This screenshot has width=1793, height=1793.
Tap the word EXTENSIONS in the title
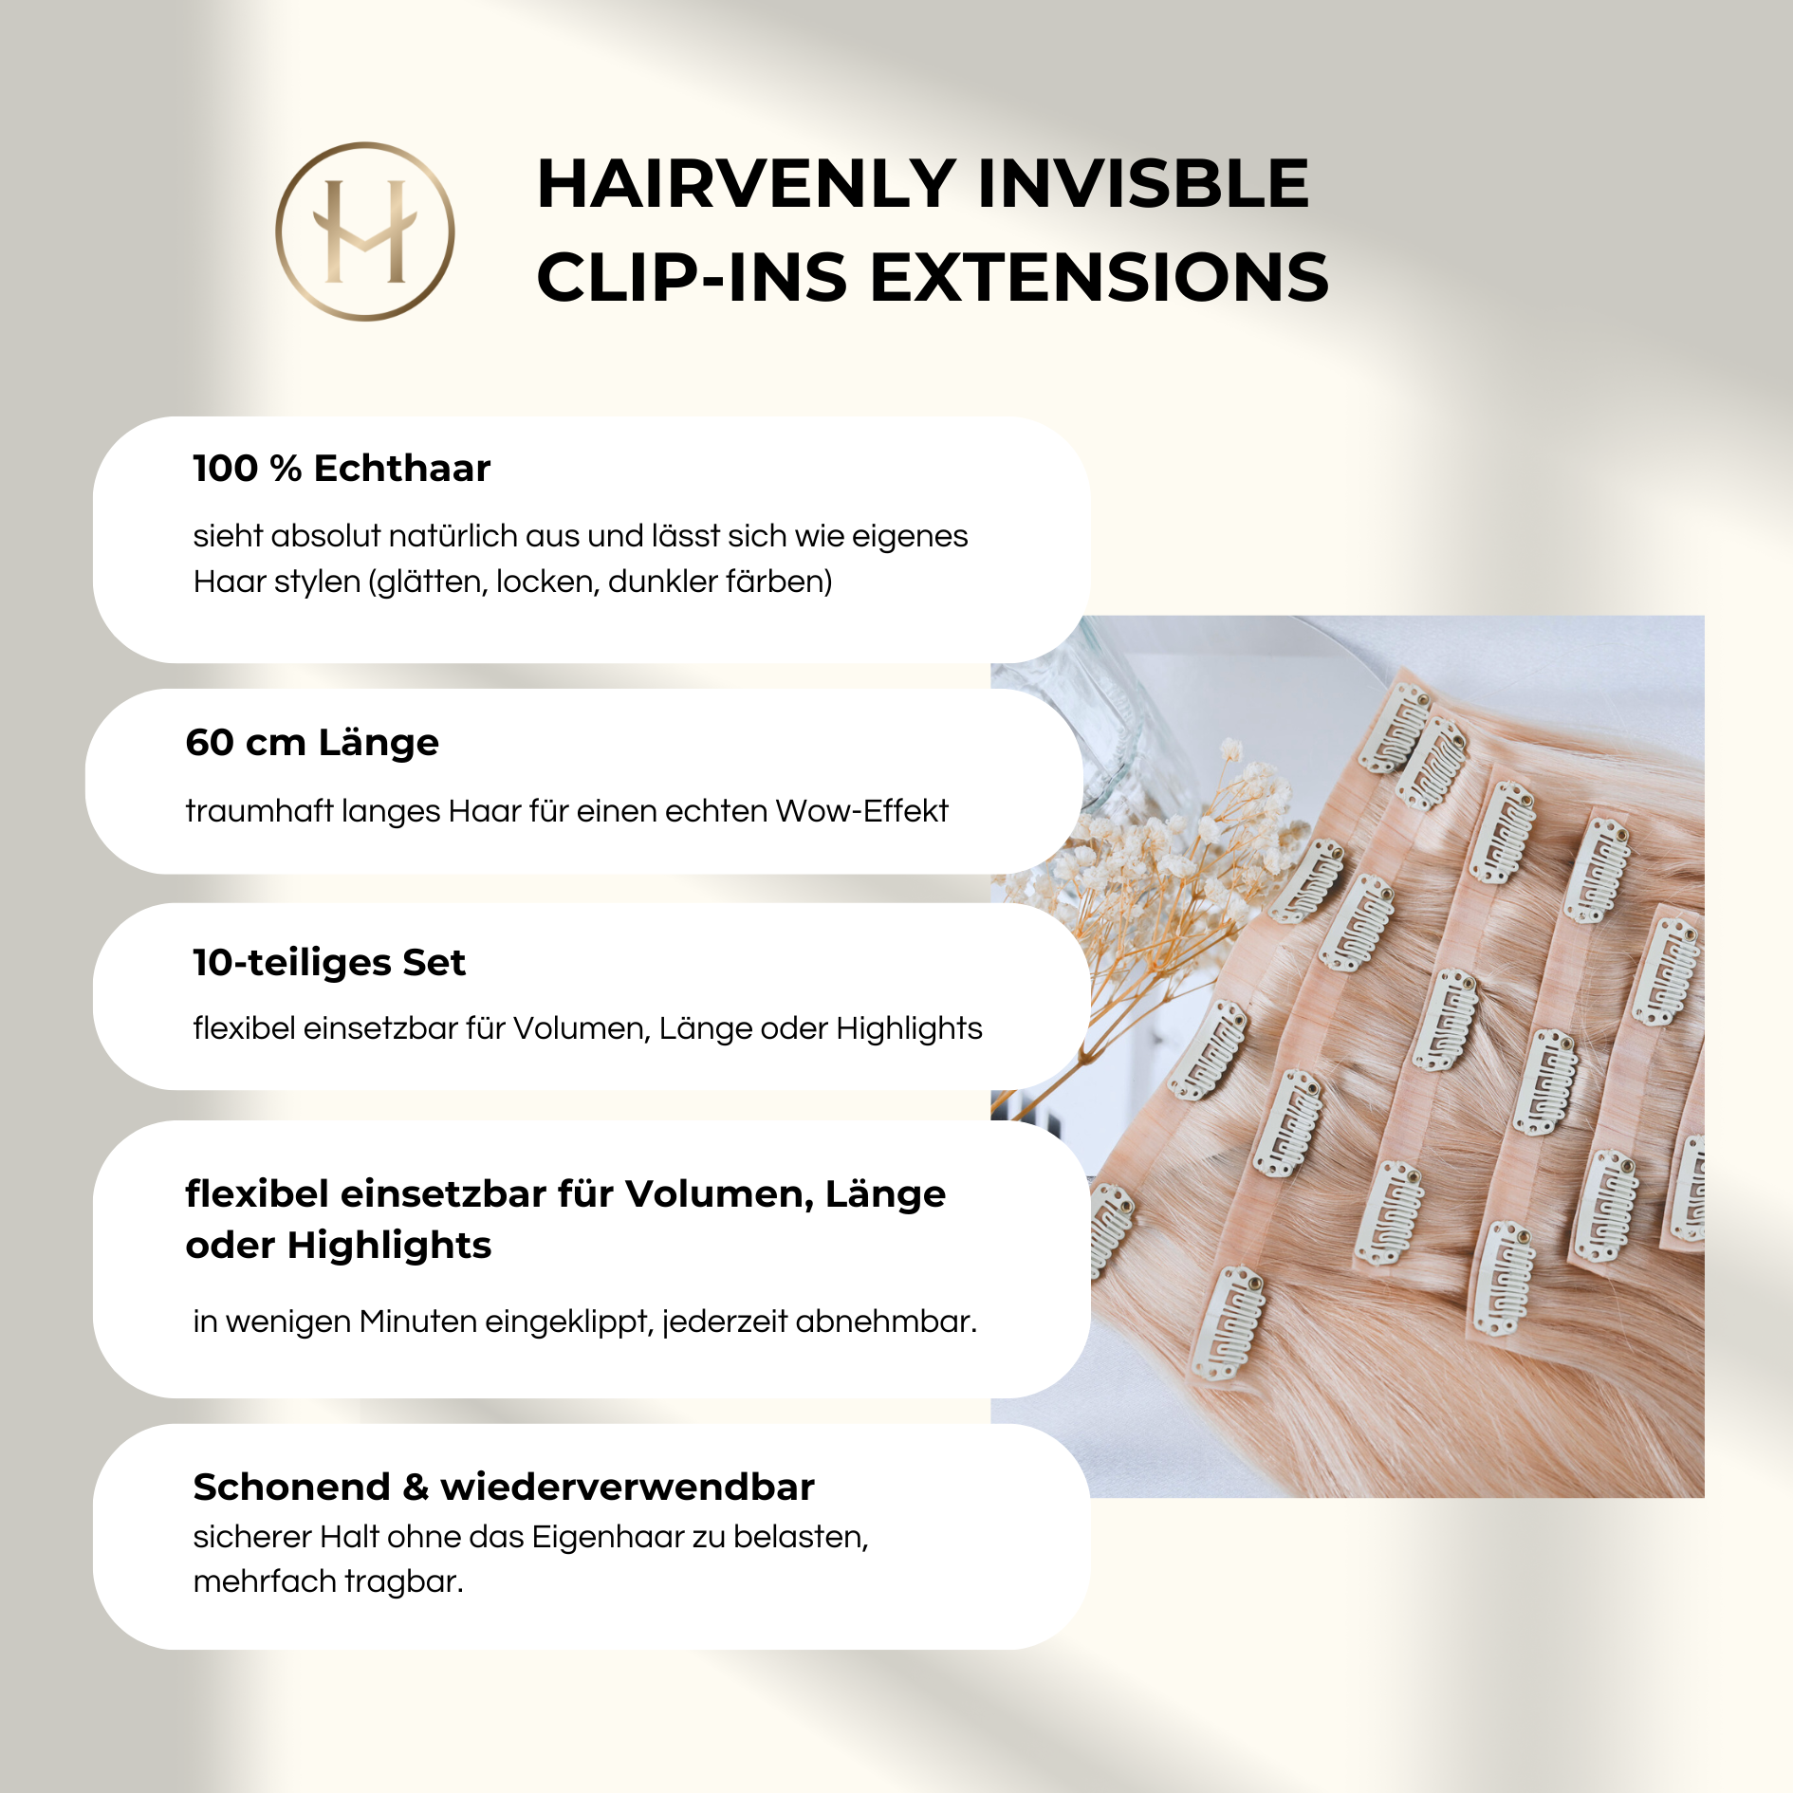click(x=1100, y=277)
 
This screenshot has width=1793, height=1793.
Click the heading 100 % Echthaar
click(x=342, y=468)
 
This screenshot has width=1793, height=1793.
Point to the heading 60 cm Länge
click(x=312, y=742)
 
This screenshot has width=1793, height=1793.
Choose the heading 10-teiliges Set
click(x=329, y=962)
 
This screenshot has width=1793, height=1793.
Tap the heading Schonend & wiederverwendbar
click(x=504, y=1487)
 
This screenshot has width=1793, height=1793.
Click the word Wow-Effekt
click(x=861, y=811)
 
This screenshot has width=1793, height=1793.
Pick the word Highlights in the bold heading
click(x=389, y=1245)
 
